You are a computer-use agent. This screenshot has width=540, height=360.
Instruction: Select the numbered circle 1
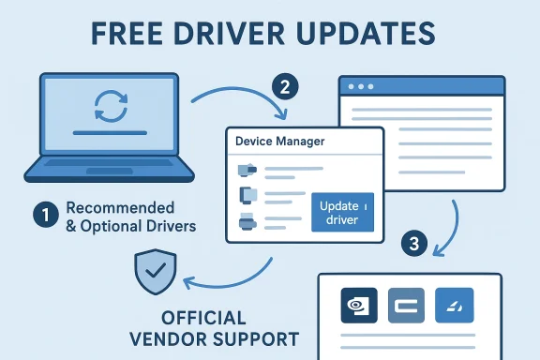tap(45, 214)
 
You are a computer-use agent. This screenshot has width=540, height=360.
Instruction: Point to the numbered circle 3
tap(414, 244)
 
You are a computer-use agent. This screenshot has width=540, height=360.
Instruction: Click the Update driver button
tap(341, 213)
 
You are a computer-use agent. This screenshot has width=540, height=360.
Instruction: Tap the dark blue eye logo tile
tap(358, 305)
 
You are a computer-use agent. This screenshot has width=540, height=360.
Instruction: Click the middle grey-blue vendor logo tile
tap(406, 305)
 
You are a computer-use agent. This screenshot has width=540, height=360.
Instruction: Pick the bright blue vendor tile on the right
tap(454, 305)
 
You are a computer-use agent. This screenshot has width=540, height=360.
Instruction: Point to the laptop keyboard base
tap(111, 171)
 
